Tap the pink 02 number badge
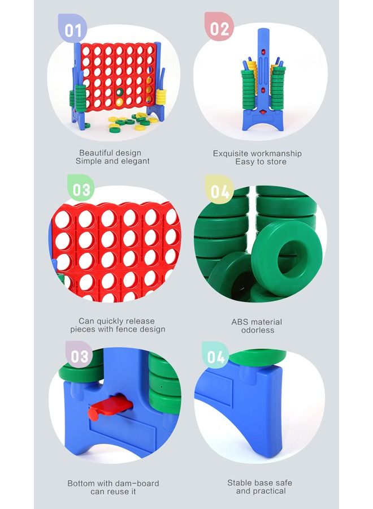click(x=219, y=27)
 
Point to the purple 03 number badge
click(x=79, y=356)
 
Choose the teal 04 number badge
click(x=215, y=356)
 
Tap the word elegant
click(x=136, y=161)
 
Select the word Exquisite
click(x=231, y=153)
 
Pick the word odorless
click(x=258, y=330)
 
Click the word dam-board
click(x=140, y=484)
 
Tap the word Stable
click(x=238, y=483)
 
